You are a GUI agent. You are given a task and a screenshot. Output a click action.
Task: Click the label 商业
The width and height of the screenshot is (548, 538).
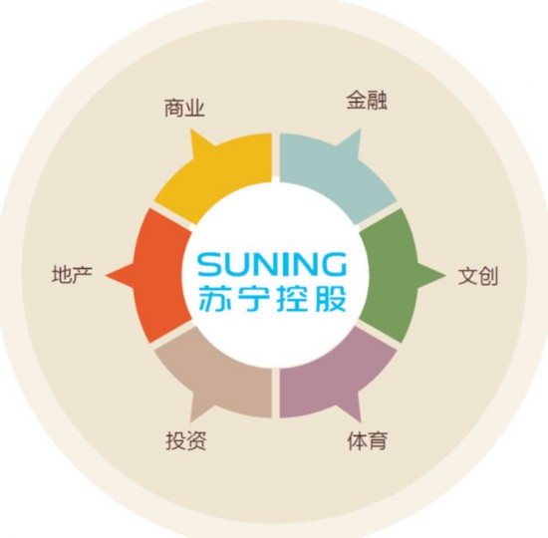click(184, 108)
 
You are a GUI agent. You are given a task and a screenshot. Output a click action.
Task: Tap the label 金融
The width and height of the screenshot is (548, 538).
click(367, 101)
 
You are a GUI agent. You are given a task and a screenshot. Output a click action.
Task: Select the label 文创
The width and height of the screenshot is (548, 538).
click(477, 276)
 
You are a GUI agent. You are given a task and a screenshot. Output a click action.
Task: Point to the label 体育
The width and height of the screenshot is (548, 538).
click(368, 440)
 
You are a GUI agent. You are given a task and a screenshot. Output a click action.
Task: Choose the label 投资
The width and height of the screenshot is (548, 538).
click(185, 440)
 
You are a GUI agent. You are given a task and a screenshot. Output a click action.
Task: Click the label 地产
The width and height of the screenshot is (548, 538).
click(72, 274)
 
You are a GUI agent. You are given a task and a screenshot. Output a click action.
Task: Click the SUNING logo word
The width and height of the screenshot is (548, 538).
click(272, 265)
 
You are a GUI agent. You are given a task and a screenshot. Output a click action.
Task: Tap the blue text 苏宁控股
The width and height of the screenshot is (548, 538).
click(272, 299)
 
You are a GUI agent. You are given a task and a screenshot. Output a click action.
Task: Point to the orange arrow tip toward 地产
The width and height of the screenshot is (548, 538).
click(106, 275)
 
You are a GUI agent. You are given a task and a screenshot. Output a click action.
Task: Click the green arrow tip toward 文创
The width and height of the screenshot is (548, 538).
click(445, 275)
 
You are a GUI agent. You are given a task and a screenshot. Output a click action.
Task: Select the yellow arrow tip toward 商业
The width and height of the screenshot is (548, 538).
click(191, 129)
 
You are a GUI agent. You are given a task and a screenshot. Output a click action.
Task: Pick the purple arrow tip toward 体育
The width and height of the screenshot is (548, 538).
click(361, 422)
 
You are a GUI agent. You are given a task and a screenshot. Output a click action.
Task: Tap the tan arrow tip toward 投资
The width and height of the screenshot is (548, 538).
click(191, 422)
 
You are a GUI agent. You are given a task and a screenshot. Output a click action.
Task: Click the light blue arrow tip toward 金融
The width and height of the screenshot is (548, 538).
click(361, 129)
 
